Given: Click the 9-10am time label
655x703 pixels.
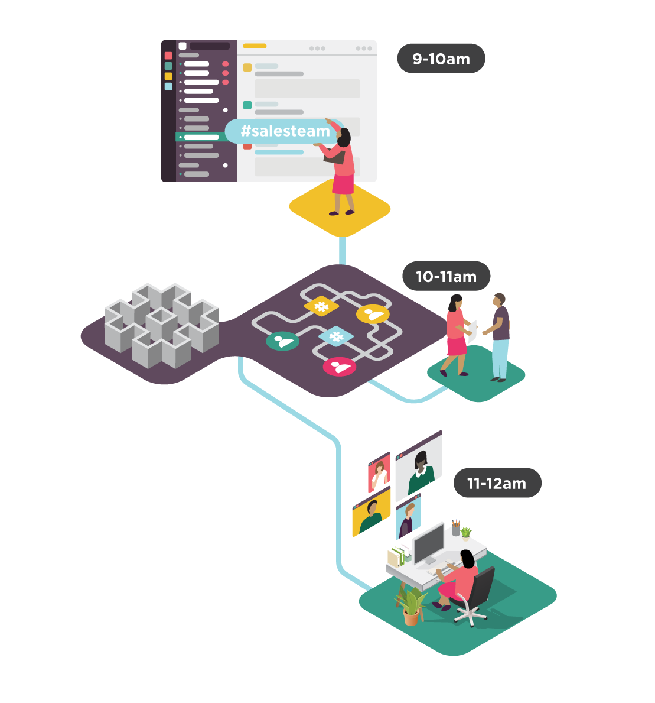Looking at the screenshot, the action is click(x=441, y=59).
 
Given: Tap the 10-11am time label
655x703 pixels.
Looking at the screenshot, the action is click(x=446, y=276).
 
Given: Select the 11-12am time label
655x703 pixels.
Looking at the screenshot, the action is click(x=497, y=483).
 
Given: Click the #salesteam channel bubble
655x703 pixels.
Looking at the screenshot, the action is click(x=285, y=131).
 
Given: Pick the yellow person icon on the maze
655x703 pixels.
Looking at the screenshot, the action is click(x=373, y=314).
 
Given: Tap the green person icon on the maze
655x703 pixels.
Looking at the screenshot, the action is click(x=282, y=341).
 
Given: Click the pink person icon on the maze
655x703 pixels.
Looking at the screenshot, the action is click(x=340, y=367).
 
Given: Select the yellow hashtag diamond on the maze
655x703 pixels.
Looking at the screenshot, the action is click(x=321, y=306).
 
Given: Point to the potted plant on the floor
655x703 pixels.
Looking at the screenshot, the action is click(x=411, y=606).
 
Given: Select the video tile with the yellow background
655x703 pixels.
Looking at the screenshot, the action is click(x=372, y=512).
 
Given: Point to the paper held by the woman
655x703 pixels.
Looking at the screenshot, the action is click(x=472, y=331).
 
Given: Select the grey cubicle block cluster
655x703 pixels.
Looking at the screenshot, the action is click(x=161, y=325).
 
